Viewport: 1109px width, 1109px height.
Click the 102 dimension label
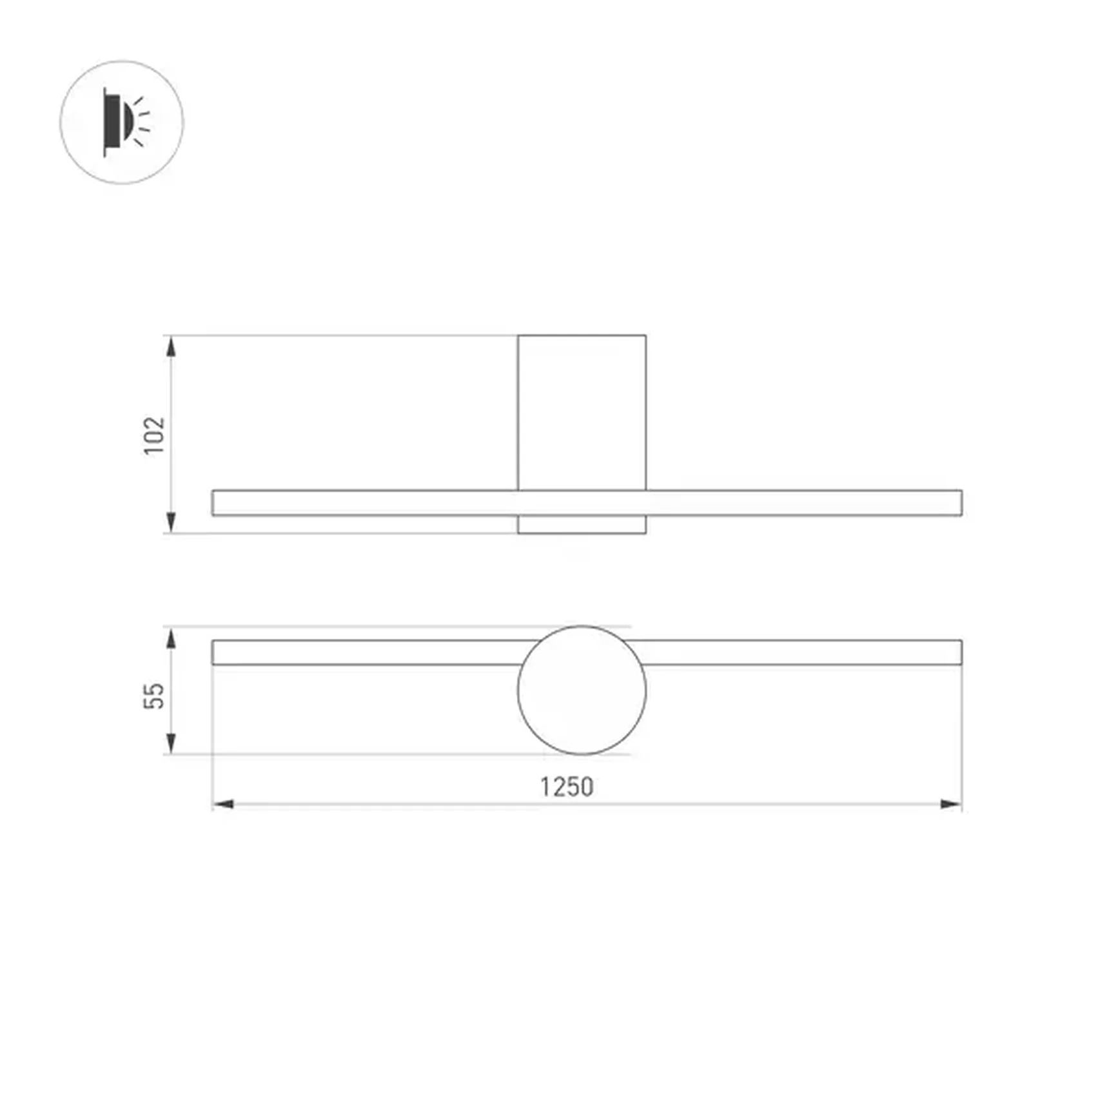[154, 436]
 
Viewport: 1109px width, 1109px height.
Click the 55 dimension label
[154, 696]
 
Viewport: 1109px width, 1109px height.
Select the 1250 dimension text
[566, 787]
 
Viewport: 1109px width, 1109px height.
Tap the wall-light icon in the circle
[122, 123]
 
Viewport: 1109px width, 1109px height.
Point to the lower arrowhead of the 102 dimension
[171, 523]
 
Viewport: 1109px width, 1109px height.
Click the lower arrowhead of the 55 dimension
[171, 743]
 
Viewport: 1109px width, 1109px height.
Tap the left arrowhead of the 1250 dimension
[223, 804]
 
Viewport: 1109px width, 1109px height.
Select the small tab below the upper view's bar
[582, 525]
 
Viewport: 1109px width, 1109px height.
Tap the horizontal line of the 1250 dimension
[451, 804]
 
